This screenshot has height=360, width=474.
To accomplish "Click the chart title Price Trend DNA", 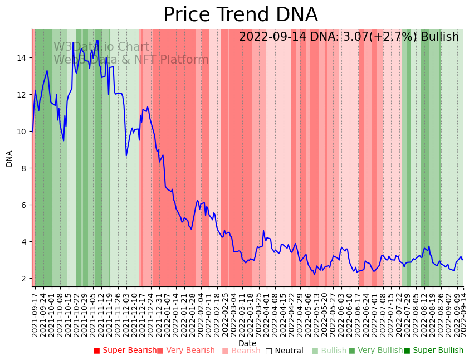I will coord(240,15).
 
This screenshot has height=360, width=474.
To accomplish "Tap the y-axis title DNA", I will coord(9,158).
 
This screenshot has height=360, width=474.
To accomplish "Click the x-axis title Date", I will coord(247,343).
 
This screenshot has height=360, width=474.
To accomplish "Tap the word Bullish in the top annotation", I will coord(440,37).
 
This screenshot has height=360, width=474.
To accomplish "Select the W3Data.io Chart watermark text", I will coord(101,47).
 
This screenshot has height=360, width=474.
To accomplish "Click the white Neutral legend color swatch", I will coord(268,351).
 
